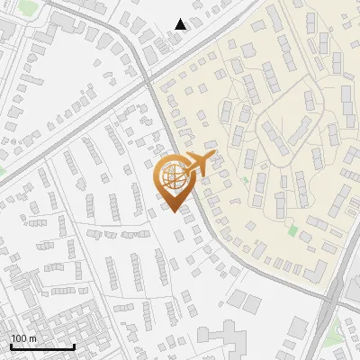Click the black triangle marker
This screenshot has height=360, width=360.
181,24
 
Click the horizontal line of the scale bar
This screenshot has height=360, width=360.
41,347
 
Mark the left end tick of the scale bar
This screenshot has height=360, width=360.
10,346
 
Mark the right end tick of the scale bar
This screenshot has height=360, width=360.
74,346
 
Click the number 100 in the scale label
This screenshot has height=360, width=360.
18,338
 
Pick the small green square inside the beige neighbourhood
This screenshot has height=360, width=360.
292,230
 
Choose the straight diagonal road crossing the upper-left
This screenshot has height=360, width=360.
72,126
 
